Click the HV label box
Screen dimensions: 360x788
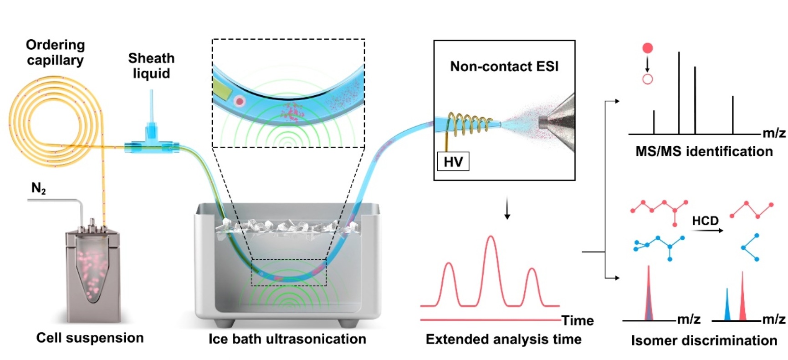453,161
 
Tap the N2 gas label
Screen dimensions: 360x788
38,188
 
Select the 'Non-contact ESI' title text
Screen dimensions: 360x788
504,67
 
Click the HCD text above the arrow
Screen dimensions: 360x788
705,221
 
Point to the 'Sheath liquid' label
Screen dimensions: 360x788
151,66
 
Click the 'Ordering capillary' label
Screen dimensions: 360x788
55,52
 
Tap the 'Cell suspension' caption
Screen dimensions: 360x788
90,338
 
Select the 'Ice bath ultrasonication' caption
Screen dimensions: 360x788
287,339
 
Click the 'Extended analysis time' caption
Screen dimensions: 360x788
503,339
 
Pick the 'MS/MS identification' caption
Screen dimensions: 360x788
704,151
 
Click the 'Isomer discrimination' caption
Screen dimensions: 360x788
704,340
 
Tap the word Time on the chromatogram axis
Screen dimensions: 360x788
578,320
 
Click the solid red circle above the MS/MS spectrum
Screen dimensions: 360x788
647,48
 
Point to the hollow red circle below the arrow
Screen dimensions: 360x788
647,79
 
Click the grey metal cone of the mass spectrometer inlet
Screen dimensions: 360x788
558,122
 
